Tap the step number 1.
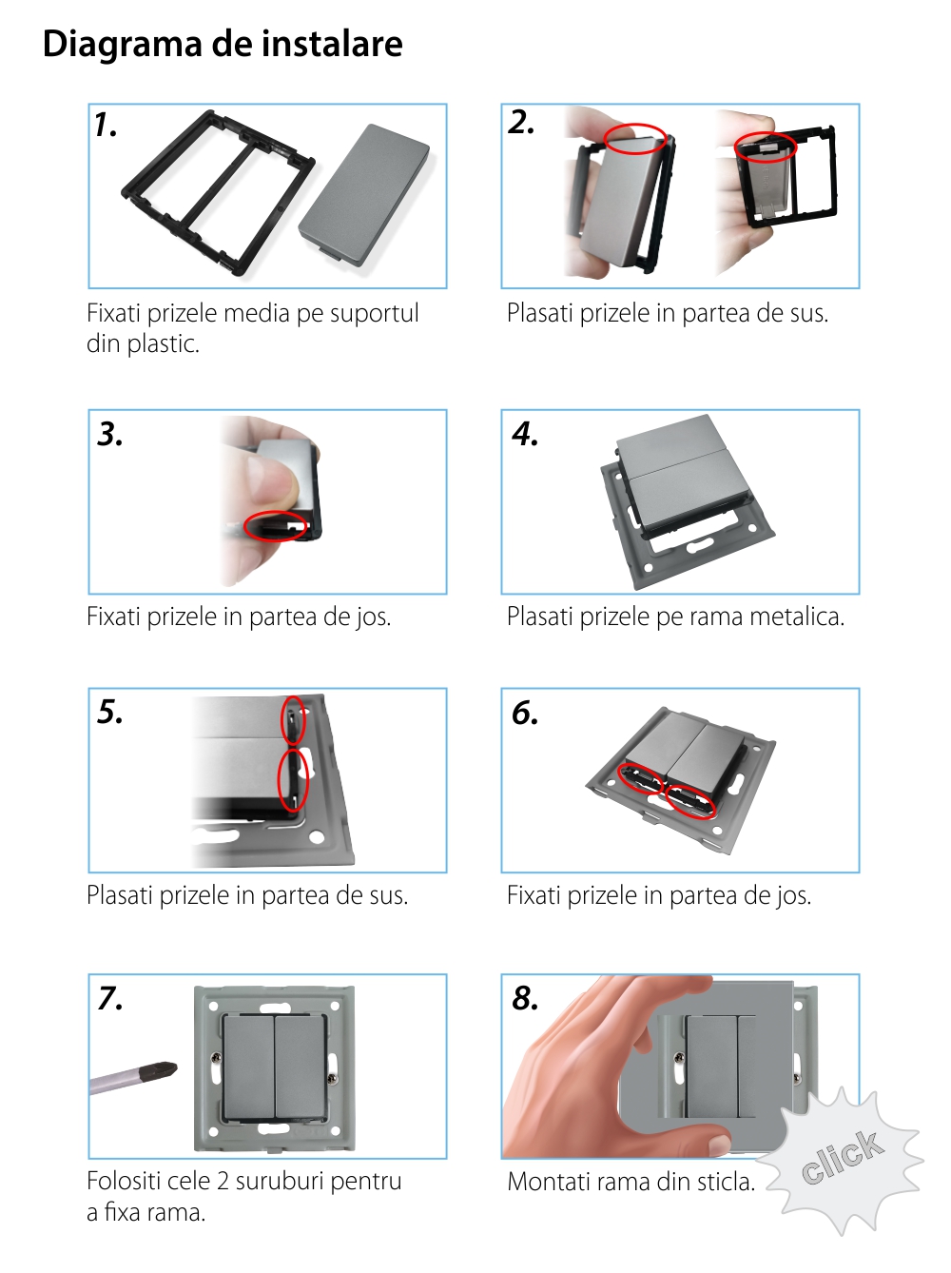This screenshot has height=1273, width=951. point(106,126)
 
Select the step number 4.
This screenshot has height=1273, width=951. point(524,434)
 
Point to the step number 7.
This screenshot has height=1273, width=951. point(110,998)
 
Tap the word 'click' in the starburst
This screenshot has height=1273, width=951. point(843,1156)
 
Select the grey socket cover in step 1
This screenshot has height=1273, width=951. point(364,194)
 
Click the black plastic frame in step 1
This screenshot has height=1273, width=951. point(218,191)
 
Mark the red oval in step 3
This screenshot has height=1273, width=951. point(275,526)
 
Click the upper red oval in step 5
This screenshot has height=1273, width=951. point(293,719)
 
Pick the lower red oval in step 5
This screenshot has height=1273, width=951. point(293,779)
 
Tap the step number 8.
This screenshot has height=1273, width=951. point(525,998)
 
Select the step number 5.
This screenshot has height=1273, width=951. point(110,712)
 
